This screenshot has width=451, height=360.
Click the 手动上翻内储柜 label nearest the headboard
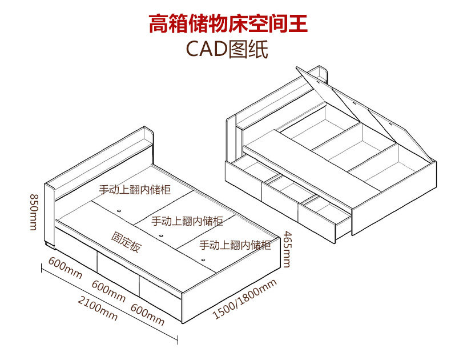[x=135, y=189]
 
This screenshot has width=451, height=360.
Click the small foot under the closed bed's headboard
[x=49, y=246]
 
